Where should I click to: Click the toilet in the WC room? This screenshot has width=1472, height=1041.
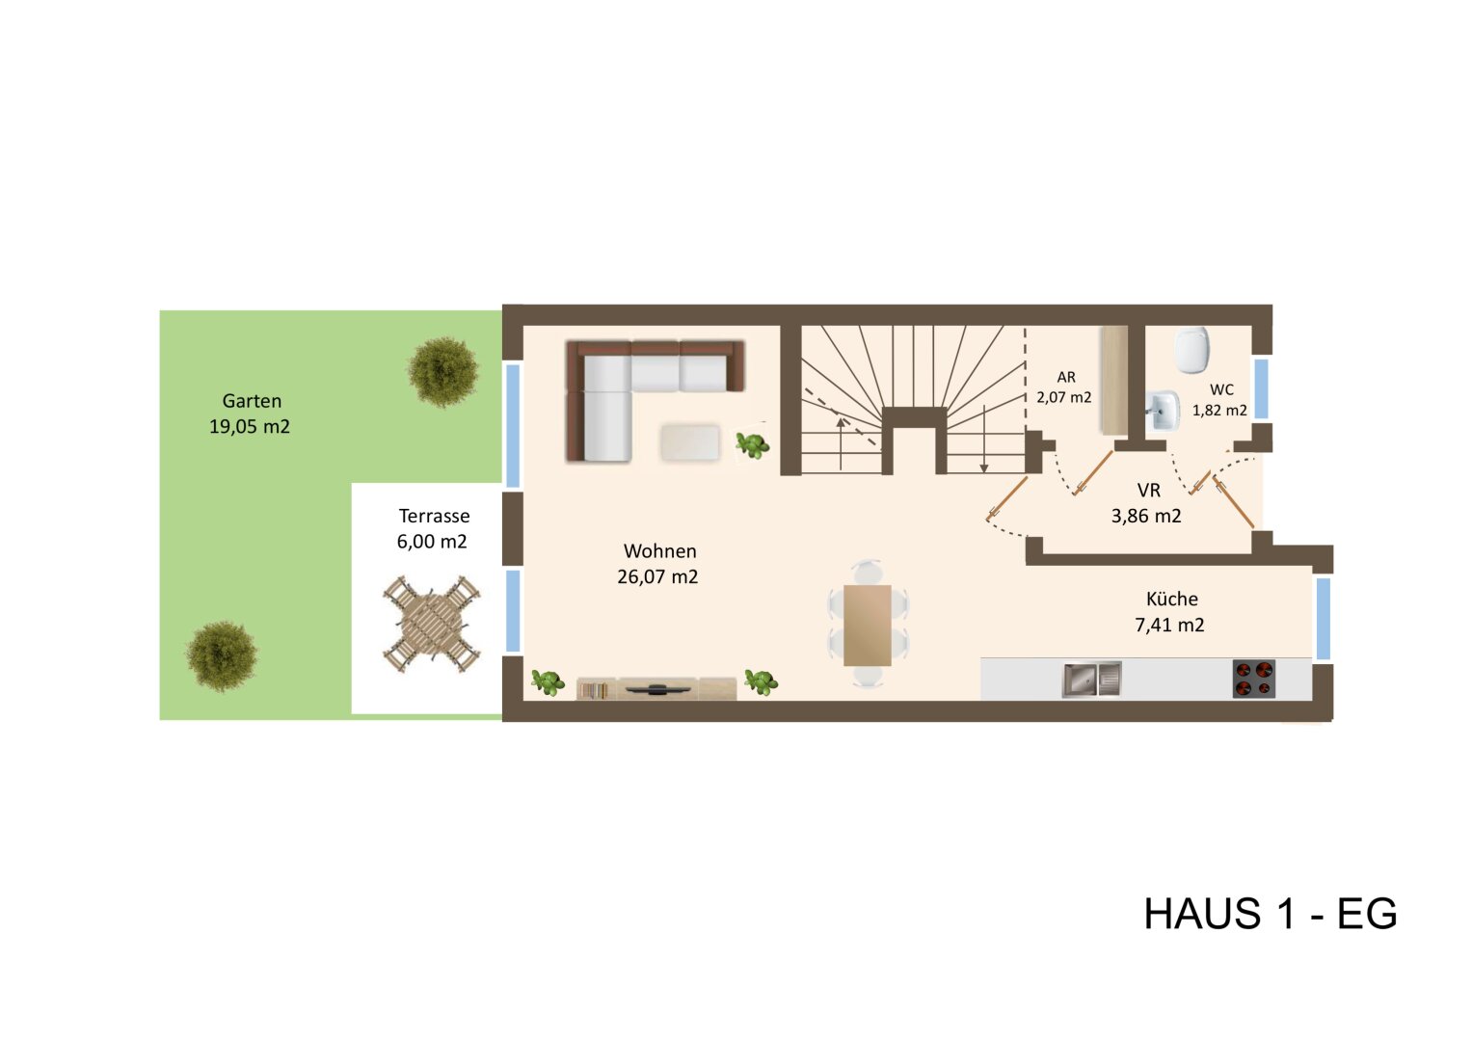[1192, 350]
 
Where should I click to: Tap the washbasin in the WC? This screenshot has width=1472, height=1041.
[1164, 410]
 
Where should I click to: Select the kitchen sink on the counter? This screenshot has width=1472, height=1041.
[1091, 679]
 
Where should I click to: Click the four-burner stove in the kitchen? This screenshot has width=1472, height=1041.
[1254, 679]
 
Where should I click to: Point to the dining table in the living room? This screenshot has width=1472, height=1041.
[868, 625]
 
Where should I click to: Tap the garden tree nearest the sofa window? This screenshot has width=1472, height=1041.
[442, 372]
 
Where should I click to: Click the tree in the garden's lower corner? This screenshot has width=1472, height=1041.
[222, 655]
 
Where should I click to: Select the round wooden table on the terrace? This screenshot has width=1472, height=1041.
[432, 625]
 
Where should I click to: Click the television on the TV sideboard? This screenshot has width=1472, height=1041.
[657, 689]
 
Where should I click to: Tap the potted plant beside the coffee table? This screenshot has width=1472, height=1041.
[753, 445]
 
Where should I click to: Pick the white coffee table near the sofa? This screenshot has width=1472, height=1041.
[690, 442]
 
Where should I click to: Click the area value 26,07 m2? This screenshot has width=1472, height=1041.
[657, 576]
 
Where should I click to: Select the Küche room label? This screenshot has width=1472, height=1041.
[1171, 599]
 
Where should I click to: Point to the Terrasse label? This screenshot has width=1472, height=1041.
[434, 516]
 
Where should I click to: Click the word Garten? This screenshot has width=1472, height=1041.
[252, 400]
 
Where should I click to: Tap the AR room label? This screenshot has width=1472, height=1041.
[1066, 377]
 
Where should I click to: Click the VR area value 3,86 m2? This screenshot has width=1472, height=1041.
[1146, 516]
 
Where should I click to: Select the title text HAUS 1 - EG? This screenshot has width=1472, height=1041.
[1271, 914]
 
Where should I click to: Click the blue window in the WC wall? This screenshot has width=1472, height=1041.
[1261, 388]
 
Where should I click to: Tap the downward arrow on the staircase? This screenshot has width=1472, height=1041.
[983, 439]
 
